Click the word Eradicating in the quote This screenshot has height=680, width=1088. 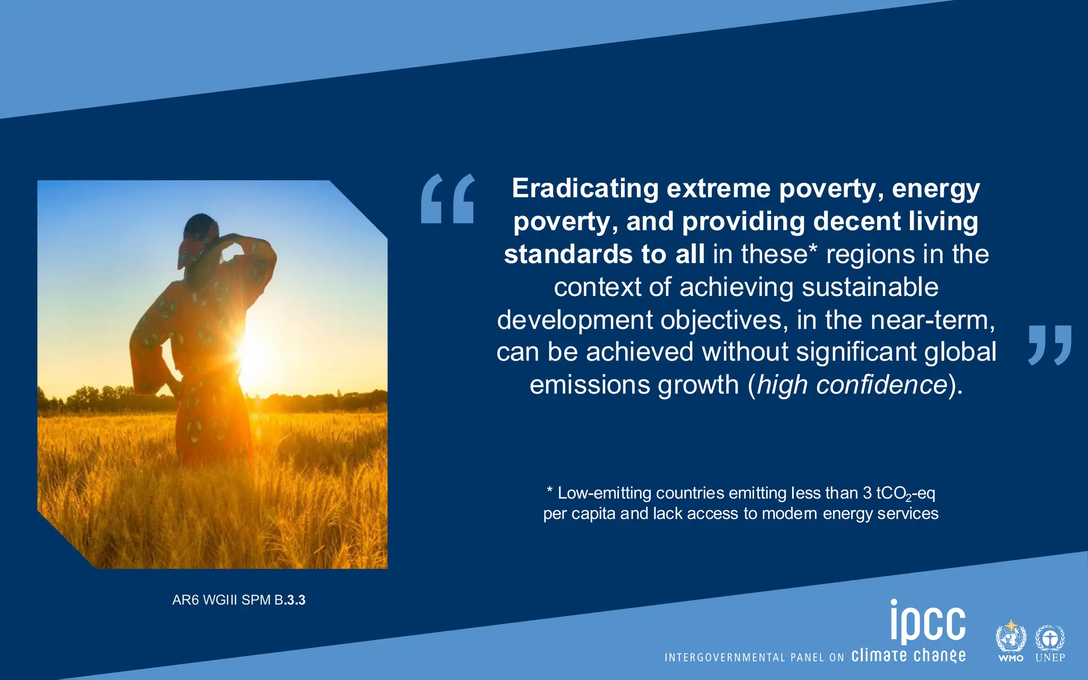[x=585, y=189]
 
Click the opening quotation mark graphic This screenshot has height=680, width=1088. [x=447, y=199]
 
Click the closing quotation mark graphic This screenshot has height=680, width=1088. [x=1050, y=345]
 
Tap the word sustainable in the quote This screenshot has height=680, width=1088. [x=870, y=287]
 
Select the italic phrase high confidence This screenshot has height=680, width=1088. [x=852, y=385]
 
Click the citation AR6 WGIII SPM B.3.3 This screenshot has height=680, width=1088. [x=239, y=600]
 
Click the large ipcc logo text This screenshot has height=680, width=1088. [x=928, y=622]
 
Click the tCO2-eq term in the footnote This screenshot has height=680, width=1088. [x=905, y=494]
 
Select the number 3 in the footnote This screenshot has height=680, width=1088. [x=867, y=494]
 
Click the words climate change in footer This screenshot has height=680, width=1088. [x=908, y=656]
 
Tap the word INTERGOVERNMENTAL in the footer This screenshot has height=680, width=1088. [x=725, y=658]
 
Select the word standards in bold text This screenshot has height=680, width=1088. [x=568, y=254]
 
